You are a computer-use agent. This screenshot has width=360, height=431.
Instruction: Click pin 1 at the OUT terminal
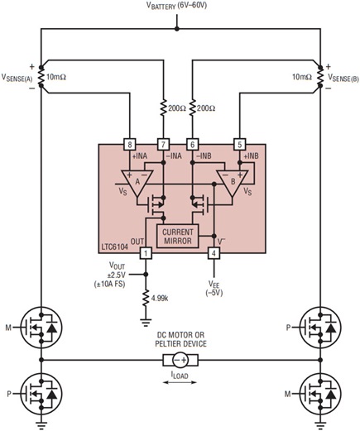[146, 253]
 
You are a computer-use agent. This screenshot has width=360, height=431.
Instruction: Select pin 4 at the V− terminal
[214, 253]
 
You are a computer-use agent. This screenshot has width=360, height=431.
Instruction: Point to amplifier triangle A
[132, 180]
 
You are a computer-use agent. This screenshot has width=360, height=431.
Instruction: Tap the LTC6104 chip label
[118, 247]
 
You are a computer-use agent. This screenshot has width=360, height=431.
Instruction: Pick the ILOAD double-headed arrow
[180, 383]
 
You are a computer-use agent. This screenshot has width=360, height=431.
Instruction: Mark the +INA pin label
[135, 156]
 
